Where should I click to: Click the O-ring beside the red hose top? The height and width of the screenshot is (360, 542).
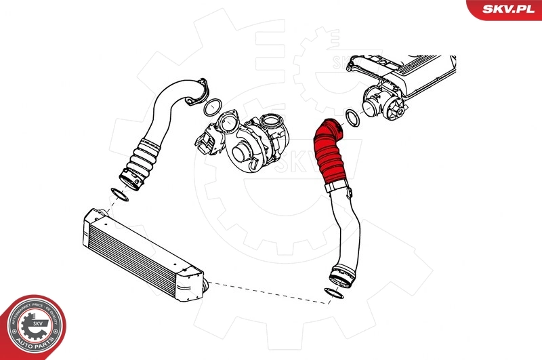(353, 118)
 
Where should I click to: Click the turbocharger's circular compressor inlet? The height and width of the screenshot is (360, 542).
(241, 153)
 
